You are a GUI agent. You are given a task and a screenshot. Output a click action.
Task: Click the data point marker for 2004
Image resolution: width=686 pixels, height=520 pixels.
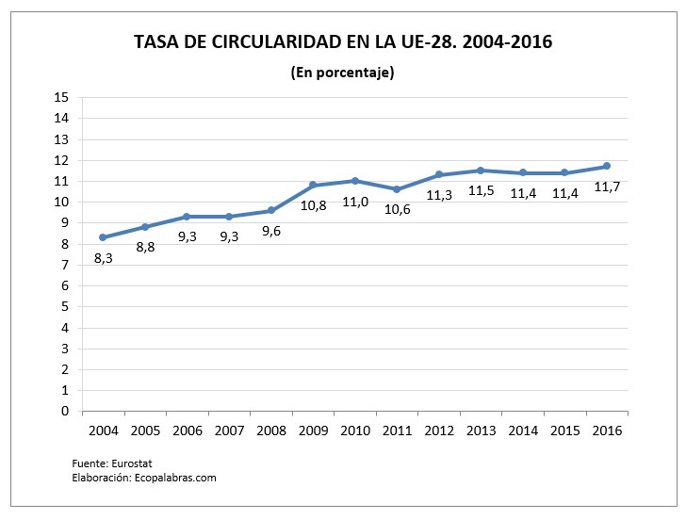(x=103, y=237)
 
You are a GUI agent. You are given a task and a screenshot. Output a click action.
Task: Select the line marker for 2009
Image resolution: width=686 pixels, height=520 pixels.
(x=313, y=185)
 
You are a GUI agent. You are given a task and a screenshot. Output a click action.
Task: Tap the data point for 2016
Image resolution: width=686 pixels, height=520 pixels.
(x=607, y=166)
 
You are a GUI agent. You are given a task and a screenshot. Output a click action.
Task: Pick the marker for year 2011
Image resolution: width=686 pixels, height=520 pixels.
(x=397, y=189)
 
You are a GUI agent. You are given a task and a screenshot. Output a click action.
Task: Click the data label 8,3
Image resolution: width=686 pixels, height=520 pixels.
(x=103, y=257)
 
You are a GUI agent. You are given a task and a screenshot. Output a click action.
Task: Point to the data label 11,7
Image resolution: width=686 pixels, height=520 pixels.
(x=607, y=187)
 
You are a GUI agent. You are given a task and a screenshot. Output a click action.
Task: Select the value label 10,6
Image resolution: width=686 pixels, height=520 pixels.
(x=397, y=209)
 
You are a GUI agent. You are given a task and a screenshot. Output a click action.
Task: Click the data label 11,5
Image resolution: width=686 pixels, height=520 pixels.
(x=481, y=192)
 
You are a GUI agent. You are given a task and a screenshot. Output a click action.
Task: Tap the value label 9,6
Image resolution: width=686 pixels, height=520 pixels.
(x=271, y=230)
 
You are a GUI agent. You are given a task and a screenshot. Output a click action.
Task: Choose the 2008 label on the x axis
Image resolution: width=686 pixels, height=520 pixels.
(x=271, y=431)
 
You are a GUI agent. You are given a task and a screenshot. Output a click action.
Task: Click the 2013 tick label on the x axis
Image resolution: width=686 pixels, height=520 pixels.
(x=481, y=431)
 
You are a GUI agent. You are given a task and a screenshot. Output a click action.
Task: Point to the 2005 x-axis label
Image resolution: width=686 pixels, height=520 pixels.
(x=145, y=431)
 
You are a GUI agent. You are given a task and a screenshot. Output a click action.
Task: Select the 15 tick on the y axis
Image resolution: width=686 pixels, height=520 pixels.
(x=62, y=97)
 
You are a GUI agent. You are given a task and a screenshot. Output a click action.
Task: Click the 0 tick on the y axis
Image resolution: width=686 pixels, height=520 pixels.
(x=66, y=411)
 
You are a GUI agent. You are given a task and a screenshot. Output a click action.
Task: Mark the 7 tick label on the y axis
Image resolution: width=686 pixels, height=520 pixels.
(x=66, y=265)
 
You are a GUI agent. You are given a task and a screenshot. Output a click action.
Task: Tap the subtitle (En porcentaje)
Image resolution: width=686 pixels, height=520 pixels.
(x=342, y=73)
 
